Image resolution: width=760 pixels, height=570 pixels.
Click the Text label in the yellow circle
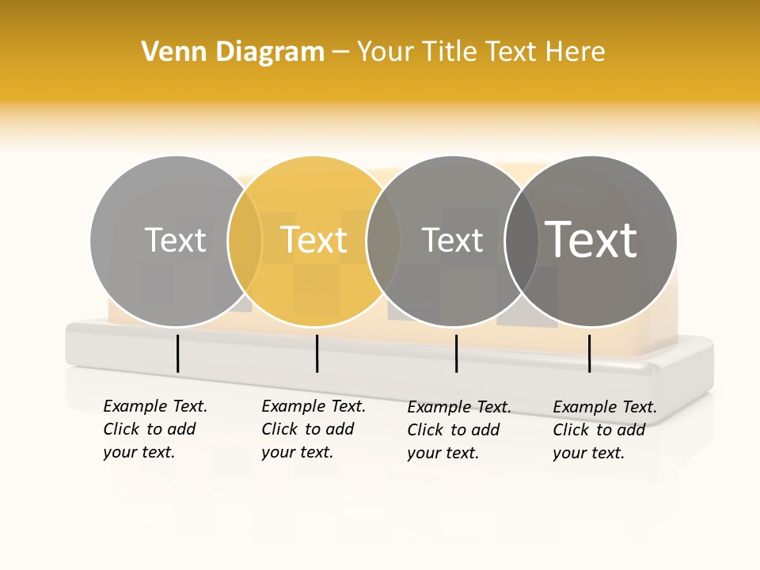tap(314, 240)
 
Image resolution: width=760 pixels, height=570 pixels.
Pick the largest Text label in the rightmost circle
tap(591, 240)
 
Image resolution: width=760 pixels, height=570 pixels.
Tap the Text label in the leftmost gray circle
tap(176, 240)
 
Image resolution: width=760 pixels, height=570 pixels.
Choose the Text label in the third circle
tap(452, 240)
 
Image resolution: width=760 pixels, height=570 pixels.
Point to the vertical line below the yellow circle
tap(317, 353)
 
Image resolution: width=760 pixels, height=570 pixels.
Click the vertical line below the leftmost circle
tap(177, 353)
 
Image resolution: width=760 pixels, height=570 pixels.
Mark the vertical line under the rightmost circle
tap(589, 353)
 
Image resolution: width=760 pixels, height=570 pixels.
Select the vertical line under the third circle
tap(457, 353)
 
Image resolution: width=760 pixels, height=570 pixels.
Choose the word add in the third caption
tap(484, 430)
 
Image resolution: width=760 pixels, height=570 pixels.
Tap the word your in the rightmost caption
tap(570, 453)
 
